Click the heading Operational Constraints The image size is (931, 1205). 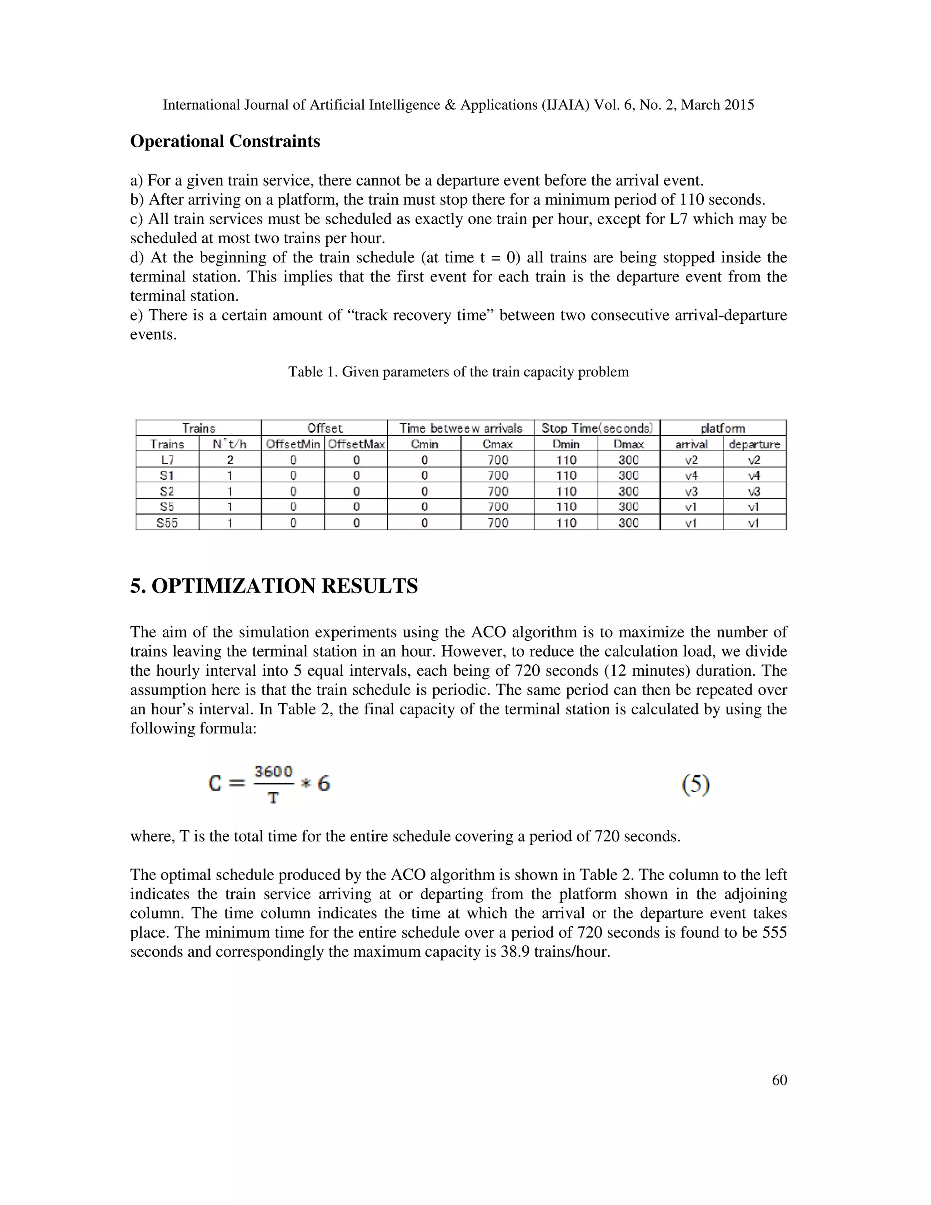225,141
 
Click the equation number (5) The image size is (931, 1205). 696,784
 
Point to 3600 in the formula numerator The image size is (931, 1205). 273,771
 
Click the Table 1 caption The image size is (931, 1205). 458,372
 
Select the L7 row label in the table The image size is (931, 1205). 167,460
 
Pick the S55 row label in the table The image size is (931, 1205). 167,522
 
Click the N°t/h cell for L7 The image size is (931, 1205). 230,460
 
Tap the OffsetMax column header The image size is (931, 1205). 356,444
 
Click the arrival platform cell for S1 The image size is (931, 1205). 691,475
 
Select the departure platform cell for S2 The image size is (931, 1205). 754,491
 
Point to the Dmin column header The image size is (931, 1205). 566,444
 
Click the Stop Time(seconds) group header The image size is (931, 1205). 597,428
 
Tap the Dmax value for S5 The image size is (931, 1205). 628,507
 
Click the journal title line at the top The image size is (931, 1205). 458,105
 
